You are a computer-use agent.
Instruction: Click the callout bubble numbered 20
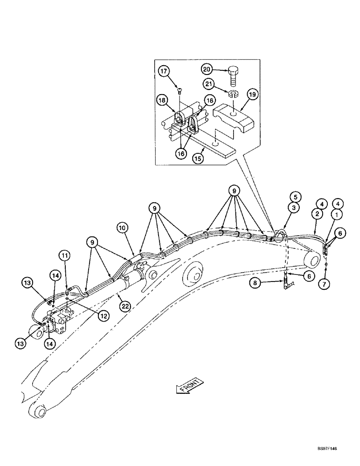207,69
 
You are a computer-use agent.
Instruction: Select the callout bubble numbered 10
122,228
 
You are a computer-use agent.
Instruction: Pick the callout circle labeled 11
64,256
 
